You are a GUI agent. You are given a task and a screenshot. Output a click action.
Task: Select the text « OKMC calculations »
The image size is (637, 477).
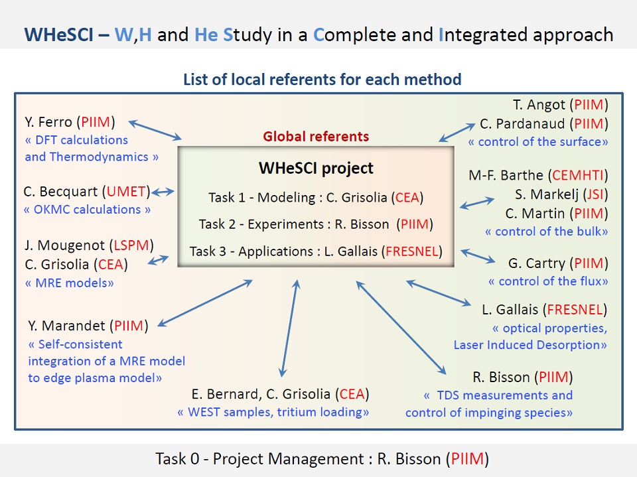(88, 210)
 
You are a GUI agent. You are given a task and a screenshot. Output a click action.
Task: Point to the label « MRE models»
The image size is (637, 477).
(70, 283)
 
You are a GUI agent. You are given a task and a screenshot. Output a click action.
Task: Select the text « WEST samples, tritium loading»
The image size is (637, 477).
(273, 412)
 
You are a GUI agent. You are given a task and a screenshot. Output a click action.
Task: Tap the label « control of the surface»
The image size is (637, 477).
(538, 142)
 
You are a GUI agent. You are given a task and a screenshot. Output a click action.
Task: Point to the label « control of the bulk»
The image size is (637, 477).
(546, 232)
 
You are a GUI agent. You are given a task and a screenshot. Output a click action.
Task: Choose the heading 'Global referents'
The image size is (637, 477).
(316, 137)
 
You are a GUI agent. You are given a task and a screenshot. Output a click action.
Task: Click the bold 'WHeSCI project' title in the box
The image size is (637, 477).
(316, 168)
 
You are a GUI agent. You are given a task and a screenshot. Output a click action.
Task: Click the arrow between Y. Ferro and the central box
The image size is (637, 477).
(155, 130)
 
